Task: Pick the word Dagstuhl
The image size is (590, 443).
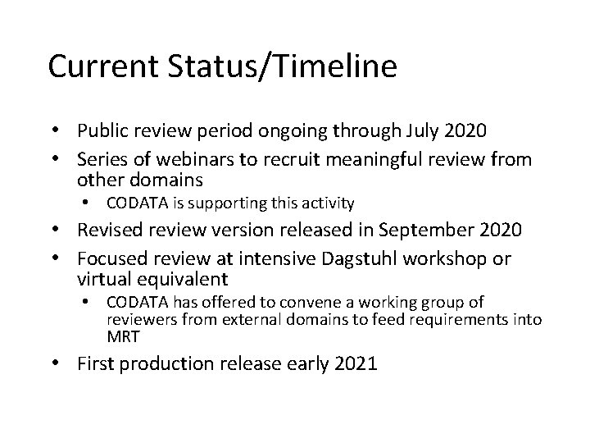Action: [359, 260]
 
